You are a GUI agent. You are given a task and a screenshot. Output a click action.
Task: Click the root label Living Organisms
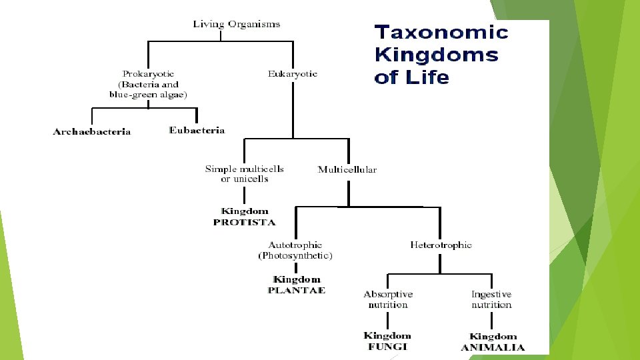[237, 25]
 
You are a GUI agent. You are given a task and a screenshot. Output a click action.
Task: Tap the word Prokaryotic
[147, 74]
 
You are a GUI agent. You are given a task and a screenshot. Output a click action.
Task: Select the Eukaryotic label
[292, 74]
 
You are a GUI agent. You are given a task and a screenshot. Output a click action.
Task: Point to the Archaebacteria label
[92, 132]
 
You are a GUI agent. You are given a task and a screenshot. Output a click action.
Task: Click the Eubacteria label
[197, 131]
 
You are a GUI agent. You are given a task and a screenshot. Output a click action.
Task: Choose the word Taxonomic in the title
[441, 32]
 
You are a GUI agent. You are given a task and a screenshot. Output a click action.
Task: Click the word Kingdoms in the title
[436, 55]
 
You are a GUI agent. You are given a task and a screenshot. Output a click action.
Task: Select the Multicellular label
[347, 169]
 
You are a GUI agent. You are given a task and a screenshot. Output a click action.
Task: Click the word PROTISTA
[244, 222]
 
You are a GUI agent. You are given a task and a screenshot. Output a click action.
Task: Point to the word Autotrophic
[295, 245]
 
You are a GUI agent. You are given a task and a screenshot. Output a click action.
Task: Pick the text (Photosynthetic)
[295, 255]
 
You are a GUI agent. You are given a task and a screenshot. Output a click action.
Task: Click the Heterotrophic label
[441, 245]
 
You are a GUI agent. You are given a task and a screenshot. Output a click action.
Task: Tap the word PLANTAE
[297, 290]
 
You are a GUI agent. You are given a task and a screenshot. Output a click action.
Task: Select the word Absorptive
[388, 294]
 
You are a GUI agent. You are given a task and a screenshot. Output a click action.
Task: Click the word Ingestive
[491, 294]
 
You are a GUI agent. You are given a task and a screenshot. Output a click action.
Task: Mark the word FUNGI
[387, 347]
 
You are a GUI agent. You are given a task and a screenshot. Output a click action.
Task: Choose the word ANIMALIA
[493, 347]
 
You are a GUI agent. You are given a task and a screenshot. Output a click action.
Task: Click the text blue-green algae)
[148, 95]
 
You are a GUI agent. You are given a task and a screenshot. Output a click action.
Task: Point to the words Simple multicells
[245, 169]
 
